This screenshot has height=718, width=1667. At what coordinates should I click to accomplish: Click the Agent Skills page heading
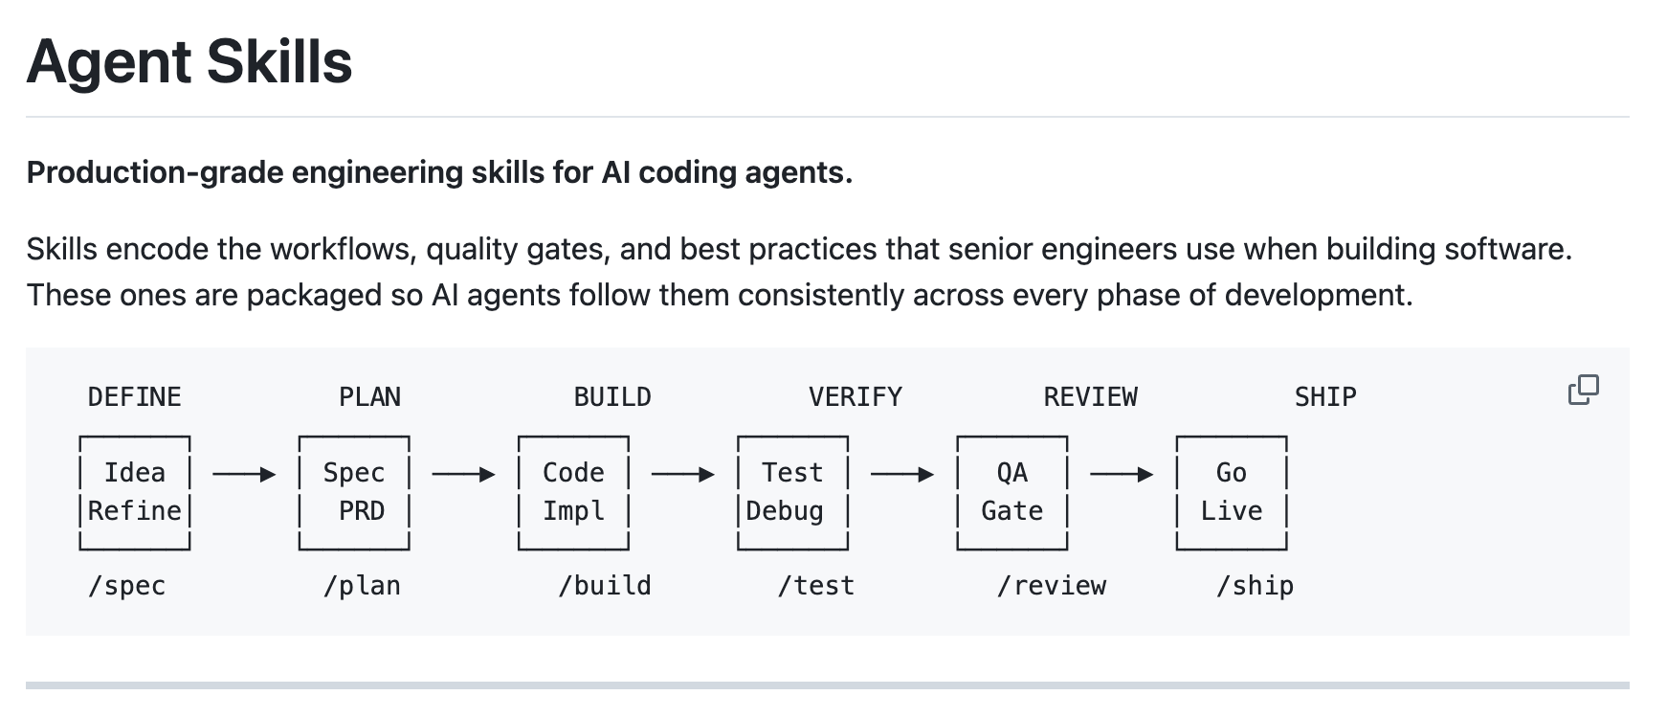189,61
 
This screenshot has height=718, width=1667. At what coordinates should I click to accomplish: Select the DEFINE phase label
134,396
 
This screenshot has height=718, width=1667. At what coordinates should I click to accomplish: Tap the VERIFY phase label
855,396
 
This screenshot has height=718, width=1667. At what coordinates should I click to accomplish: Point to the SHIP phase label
1325,396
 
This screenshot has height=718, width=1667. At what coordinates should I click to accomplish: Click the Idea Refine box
134,492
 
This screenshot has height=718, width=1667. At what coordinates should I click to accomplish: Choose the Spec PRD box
354,492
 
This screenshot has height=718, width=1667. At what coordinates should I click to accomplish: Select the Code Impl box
573,492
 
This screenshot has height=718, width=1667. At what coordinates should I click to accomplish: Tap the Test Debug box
792,492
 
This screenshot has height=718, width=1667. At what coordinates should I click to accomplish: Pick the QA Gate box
1011,492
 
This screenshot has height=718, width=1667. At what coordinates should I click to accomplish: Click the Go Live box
1231,492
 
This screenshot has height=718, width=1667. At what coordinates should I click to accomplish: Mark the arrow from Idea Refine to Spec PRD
244,474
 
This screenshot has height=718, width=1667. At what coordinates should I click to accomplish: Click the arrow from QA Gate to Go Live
1122,474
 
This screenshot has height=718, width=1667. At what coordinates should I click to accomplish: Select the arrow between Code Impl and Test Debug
682,474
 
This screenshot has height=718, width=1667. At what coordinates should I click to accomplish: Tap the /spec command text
126,585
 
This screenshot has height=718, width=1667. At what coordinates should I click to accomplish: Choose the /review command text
1051,585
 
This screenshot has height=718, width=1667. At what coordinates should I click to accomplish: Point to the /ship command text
1255,585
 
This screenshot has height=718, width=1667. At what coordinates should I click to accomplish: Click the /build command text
605,585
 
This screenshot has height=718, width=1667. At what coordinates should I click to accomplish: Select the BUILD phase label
611,396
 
